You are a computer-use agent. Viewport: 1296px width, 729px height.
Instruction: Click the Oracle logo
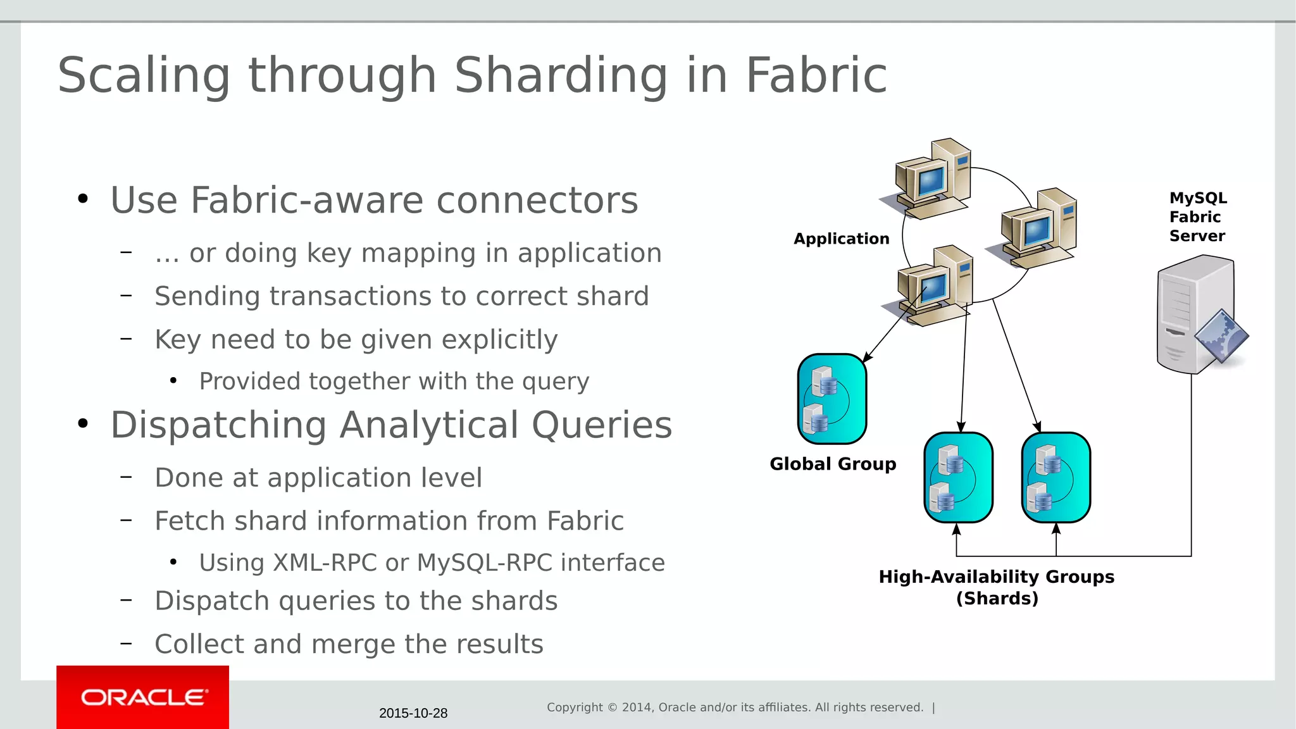[144, 697]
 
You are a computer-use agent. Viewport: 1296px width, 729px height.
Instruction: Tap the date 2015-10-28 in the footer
[413, 713]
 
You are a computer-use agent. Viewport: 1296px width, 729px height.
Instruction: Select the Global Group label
[833, 464]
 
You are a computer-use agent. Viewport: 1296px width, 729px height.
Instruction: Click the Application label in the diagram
[841, 239]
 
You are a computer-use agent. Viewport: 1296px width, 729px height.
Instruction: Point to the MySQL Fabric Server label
[1197, 217]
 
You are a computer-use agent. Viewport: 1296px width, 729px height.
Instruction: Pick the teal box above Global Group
[832, 399]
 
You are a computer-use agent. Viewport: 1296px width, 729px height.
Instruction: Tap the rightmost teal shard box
[1056, 478]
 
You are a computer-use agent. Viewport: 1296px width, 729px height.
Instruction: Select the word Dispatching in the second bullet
[218, 425]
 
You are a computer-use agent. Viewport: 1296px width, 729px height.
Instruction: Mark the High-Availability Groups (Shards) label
[997, 587]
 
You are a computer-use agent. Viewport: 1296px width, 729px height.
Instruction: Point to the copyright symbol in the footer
[612, 707]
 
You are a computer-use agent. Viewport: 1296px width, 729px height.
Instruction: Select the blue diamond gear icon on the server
[1221, 336]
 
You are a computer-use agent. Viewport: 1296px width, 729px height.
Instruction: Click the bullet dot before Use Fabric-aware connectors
[83, 199]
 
